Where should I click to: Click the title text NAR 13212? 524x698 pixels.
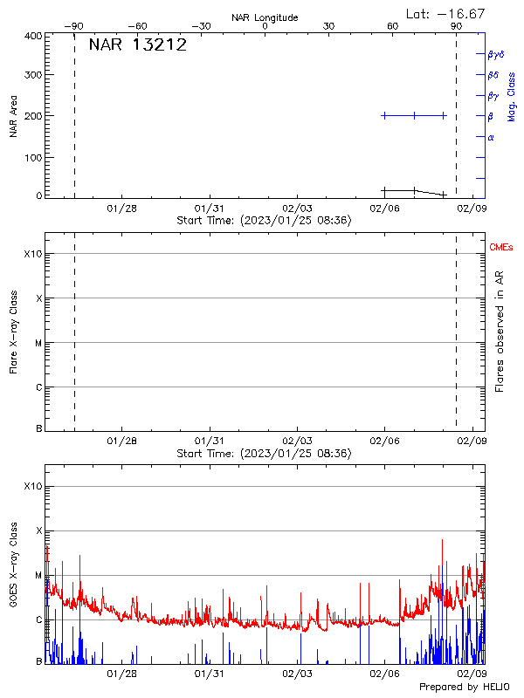click(138, 45)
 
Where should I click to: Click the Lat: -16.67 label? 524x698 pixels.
click(446, 13)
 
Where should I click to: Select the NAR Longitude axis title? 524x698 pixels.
click(265, 17)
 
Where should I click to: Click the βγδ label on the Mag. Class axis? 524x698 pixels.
click(496, 54)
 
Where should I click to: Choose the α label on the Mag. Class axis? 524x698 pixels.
click(491, 137)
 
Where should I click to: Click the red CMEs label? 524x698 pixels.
click(500, 249)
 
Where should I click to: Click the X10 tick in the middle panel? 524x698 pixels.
click(32, 254)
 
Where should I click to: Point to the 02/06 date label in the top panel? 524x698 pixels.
click(384, 209)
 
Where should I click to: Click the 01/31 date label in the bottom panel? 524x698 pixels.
click(209, 674)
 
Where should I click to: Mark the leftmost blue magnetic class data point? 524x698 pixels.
click(384, 115)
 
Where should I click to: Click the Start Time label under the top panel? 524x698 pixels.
click(264, 221)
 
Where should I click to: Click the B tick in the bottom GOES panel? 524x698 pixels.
click(38, 662)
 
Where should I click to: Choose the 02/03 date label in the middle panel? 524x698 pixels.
click(297, 441)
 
